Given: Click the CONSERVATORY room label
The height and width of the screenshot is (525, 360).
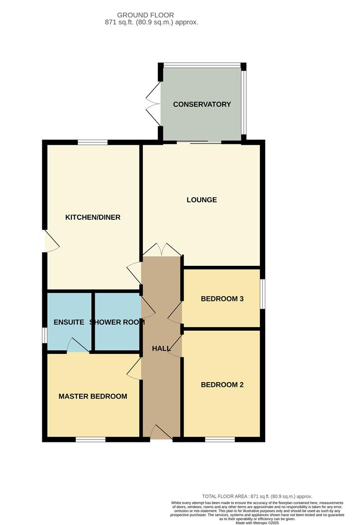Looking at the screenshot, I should [x=202, y=104].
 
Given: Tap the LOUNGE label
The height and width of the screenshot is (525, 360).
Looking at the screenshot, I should [x=202, y=200].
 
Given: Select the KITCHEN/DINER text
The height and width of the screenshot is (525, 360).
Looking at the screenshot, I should [x=93, y=217].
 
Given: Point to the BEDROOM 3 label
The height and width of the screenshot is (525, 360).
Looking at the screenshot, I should [x=222, y=298].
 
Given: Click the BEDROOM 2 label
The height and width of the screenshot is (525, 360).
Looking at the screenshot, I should [x=222, y=385].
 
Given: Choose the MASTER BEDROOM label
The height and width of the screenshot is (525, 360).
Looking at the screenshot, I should [x=93, y=396].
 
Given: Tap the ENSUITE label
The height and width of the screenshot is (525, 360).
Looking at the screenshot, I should [x=69, y=322].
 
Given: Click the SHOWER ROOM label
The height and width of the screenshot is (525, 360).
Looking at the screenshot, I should [x=117, y=322].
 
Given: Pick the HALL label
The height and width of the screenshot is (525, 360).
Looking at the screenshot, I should [x=161, y=349].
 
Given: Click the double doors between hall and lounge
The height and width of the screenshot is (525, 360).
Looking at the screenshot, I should [x=162, y=250].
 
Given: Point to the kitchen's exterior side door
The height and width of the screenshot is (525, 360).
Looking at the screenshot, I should [x=51, y=241].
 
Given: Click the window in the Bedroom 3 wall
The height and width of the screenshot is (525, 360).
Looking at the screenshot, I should [x=262, y=293].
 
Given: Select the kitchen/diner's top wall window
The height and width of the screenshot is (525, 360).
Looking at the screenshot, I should [x=92, y=142].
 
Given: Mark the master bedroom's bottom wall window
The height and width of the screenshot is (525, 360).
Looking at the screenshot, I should [x=90, y=439].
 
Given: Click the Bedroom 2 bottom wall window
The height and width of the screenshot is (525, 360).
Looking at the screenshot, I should [x=220, y=439].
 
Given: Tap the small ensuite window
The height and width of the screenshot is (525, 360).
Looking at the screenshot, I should [x=44, y=335].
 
